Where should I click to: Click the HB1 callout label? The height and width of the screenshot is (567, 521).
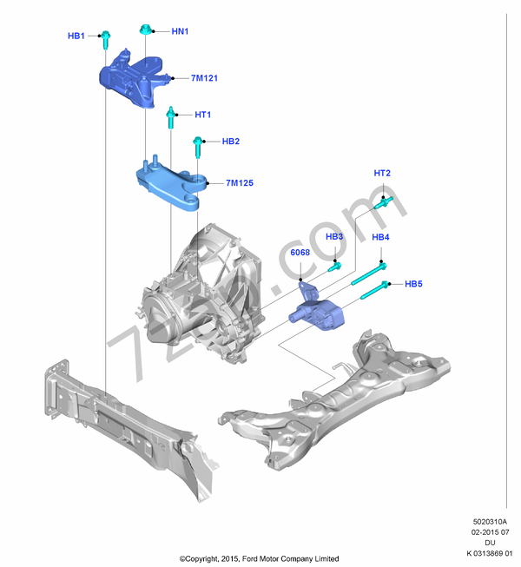[x=76, y=36]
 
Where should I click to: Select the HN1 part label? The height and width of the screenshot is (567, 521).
[x=180, y=31]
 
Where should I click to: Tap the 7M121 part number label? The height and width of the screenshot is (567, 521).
[x=205, y=78]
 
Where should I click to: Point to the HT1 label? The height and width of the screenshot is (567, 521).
[x=202, y=115]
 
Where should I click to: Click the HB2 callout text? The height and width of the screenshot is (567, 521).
[x=230, y=141]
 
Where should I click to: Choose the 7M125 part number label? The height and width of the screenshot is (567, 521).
[x=239, y=183]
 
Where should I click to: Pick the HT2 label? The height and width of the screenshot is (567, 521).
[x=382, y=174]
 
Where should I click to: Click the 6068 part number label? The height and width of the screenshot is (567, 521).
[x=300, y=253]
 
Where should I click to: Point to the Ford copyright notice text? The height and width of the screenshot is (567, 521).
[x=259, y=558]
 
